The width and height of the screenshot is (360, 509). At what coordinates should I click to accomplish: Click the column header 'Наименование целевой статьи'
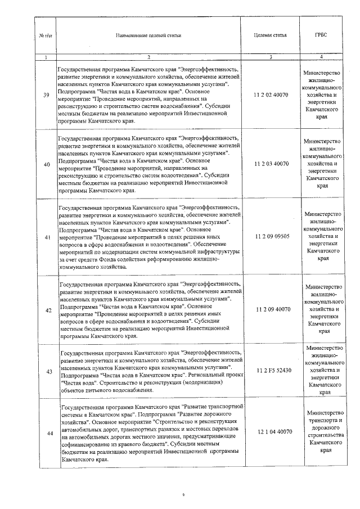coord(148,35)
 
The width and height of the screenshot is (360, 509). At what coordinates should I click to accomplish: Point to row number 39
coord(46,95)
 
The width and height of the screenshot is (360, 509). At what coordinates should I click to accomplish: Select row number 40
coord(46,164)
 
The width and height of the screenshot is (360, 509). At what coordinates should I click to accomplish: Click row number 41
coord(46,237)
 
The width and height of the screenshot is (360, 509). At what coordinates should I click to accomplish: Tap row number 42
coord(46,309)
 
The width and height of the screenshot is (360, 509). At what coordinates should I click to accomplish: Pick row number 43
coord(46,371)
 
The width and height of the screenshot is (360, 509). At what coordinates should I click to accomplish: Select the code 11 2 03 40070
coord(272,164)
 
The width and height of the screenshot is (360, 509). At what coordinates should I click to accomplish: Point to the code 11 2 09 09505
coord(272,237)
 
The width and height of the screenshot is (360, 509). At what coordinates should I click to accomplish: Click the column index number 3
coord(271,57)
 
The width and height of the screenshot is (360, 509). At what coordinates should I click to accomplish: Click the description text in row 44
coord(151,432)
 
